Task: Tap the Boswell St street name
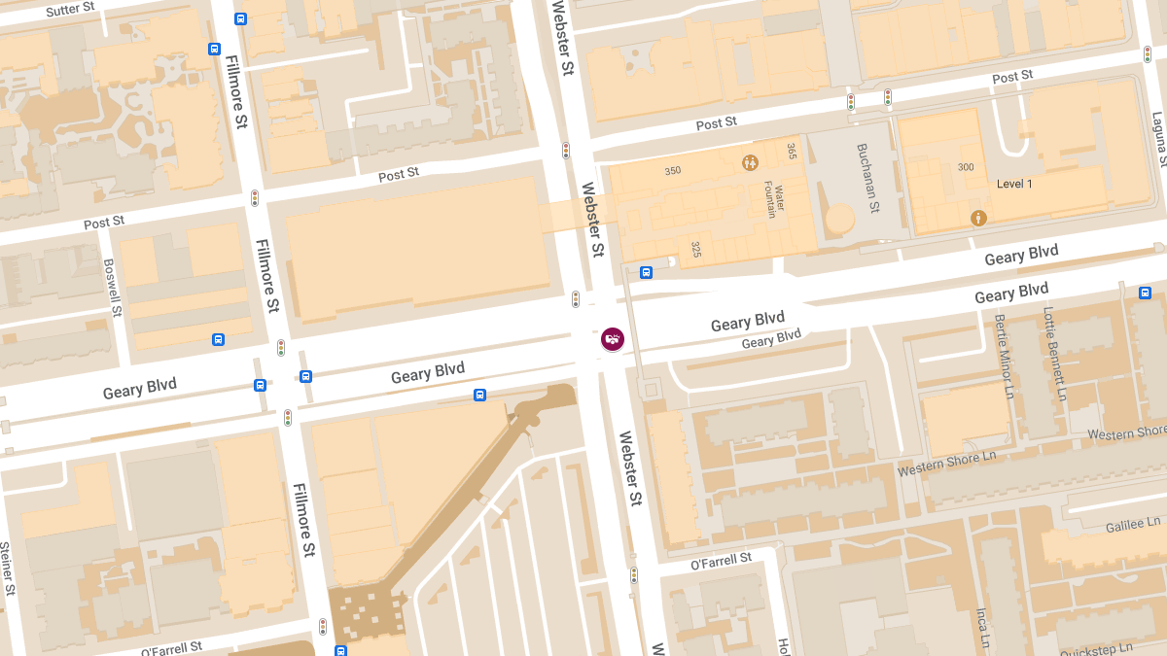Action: [x=112, y=288]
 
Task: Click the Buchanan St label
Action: [x=866, y=179]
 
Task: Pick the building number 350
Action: [x=672, y=171]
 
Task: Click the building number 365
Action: [x=792, y=151]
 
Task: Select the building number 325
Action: [x=696, y=250]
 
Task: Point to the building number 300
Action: [x=965, y=167]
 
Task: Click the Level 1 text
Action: [x=1014, y=184]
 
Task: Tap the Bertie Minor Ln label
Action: [x=1005, y=347]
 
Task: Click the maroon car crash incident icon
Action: [x=613, y=339]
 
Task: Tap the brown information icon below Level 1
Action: [x=978, y=218]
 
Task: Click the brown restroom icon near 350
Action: [x=750, y=162]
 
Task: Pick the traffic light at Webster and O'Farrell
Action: [x=634, y=575]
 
